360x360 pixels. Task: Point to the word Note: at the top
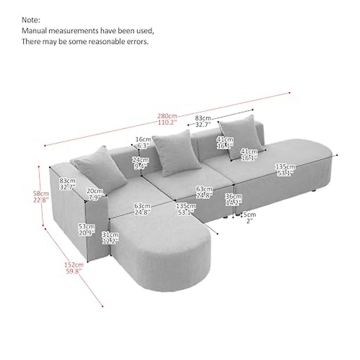pyautogui.click(x=31, y=20)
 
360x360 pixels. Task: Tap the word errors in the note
pyautogui.click(x=139, y=41)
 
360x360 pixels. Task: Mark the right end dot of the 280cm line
pyautogui.click(x=289, y=93)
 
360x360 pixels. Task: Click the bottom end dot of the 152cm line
pyautogui.click(x=103, y=306)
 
